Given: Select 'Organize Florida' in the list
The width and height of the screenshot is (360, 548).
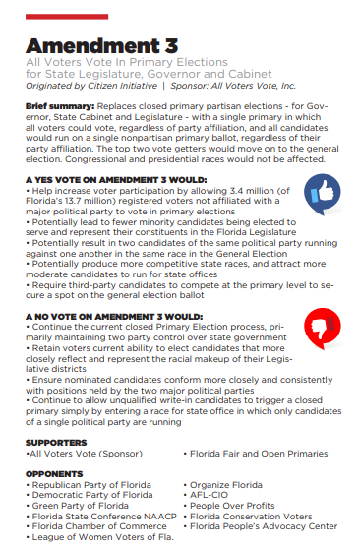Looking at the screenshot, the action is (x=228, y=485).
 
